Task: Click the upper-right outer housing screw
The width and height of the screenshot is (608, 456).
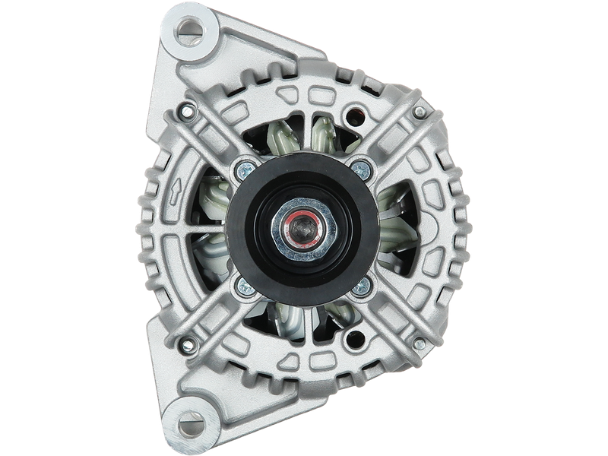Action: coord(419,113)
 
